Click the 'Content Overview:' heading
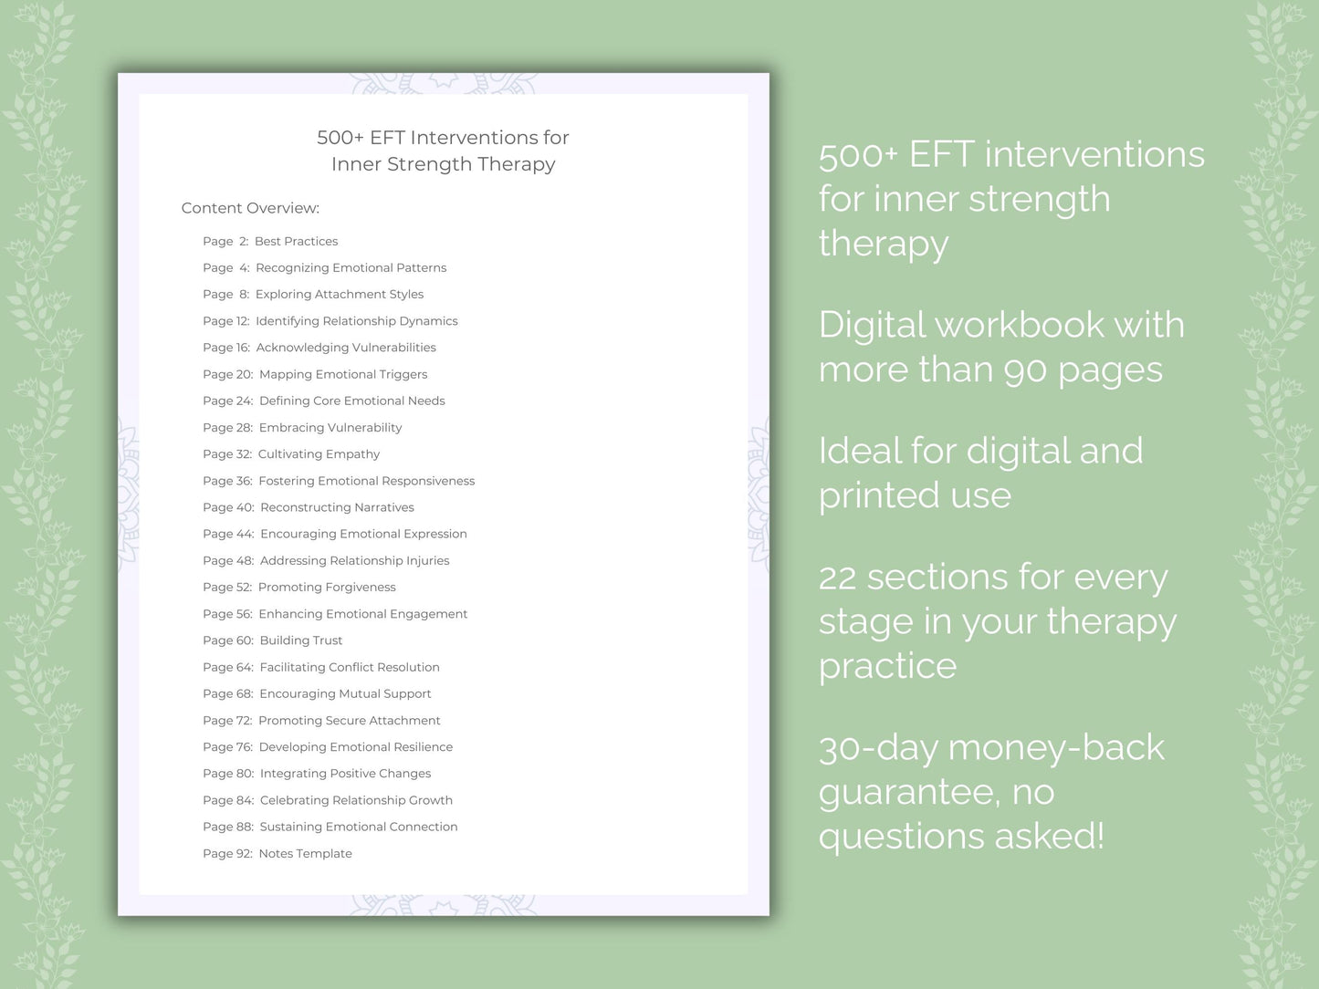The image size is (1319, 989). pos(250,208)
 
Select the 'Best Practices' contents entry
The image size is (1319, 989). pos(296,241)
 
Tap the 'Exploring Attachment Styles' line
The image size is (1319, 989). pos(339,294)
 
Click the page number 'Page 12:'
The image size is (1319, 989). pos(225,321)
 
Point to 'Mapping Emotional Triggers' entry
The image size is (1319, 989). pos(342,374)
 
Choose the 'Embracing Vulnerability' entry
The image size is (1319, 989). pos(330,427)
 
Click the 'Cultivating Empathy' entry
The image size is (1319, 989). pos(319,454)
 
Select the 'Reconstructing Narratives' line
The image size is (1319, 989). pos(337,507)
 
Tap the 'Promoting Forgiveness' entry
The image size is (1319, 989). pos(327,588)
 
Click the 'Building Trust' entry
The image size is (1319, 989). pos(300,640)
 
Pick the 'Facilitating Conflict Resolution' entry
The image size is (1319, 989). pos(349,667)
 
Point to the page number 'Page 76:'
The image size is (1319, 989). pos(227,747)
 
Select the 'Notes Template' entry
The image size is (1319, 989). pos(305,854)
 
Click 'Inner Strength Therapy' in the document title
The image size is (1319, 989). pos(443,164)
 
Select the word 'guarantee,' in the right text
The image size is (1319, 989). pos(909,792)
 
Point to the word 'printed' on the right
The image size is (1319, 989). pos(879,495)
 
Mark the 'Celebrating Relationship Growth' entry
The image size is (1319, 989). pos(356,800)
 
